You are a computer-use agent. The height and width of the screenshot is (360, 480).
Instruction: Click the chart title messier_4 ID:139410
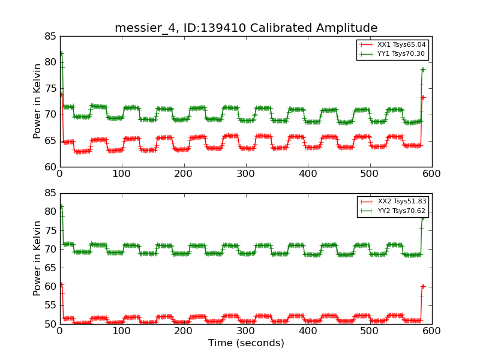[246, 28]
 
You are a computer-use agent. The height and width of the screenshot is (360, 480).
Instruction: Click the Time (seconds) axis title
[246, 343]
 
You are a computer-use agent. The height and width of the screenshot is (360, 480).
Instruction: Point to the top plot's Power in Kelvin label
[37, 101]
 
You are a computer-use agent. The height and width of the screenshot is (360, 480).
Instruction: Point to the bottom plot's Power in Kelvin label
[37, 259]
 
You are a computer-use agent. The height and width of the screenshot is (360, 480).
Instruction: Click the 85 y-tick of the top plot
[50, 36]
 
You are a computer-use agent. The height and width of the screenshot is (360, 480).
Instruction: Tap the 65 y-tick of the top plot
[50, 140]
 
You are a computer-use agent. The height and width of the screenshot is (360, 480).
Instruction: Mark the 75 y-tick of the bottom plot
[50, 230]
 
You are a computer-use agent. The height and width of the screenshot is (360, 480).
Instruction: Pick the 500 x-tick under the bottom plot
[370, 331]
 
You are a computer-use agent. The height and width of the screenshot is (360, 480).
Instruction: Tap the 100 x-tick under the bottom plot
[122, 331]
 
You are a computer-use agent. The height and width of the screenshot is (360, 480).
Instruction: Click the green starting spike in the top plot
[61, 53]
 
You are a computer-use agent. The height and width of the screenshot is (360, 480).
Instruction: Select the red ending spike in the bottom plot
[422, 286]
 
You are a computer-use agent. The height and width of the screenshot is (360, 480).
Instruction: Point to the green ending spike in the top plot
[422, 70]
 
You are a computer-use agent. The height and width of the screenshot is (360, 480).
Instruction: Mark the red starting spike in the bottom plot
[61, 284]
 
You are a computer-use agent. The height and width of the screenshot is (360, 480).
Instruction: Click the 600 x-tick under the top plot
[431, 174]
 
